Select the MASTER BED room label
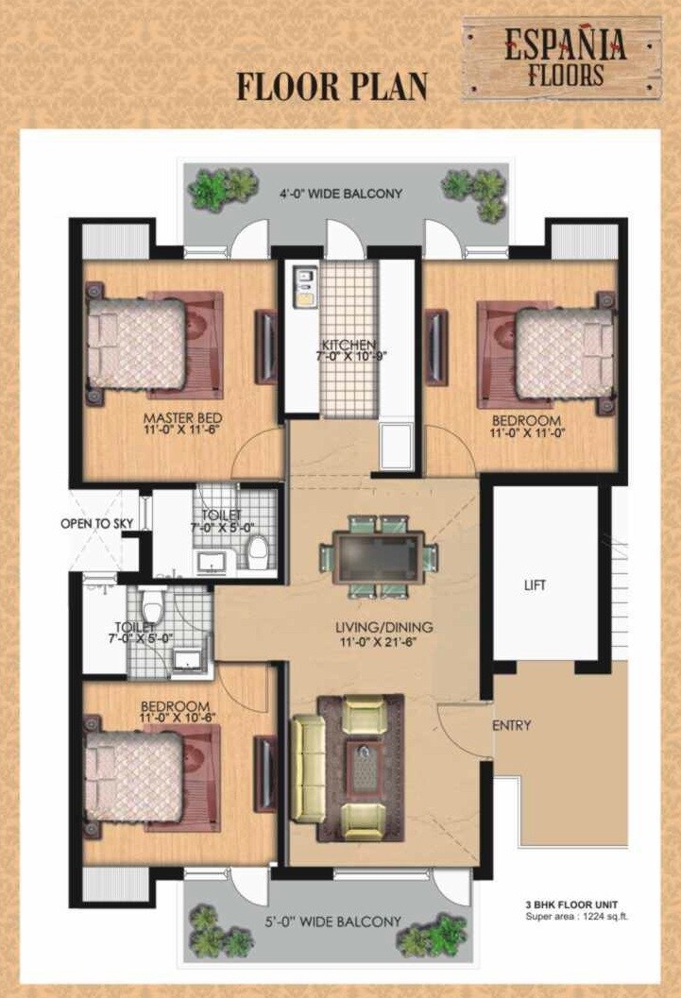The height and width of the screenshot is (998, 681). tap(181, 417)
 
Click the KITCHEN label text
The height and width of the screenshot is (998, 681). tap(349, 345)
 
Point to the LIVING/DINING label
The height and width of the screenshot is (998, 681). tap(383, 627)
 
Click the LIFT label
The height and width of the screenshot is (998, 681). tap(535, 585)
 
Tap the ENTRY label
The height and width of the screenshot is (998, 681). tap(511, 726)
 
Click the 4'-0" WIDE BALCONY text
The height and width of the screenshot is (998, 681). tap(340, 194)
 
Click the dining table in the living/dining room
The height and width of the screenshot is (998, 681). tap(378, 557)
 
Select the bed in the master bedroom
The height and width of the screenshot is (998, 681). tap(139, 345)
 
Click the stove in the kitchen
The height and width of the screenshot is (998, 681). tap(305, 288)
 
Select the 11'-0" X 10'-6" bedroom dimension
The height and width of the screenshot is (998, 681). tap(176, 719)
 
